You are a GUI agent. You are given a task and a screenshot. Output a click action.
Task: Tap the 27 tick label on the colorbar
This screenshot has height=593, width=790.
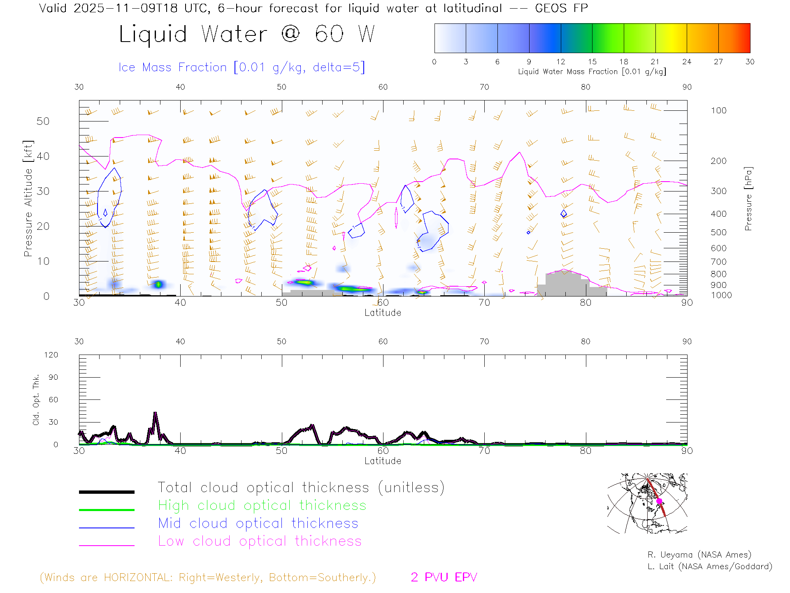718,62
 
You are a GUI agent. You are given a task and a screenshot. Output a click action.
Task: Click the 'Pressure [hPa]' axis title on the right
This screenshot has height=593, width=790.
748,198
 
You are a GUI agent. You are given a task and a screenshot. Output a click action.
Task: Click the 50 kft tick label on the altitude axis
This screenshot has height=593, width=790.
43,121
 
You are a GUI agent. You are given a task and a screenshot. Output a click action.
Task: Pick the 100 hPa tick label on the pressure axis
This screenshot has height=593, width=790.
718,110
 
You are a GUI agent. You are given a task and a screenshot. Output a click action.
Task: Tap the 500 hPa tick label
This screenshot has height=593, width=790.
718,232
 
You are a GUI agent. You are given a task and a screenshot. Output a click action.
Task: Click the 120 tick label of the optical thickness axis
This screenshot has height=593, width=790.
51,355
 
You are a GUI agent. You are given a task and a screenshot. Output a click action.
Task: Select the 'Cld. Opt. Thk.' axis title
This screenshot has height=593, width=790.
36,399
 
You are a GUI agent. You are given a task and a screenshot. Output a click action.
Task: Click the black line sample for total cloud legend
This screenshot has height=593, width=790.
107,492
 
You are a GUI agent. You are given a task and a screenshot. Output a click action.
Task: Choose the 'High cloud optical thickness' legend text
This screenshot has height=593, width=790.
262,505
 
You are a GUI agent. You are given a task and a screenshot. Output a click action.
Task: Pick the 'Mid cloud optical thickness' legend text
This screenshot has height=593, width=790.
258,523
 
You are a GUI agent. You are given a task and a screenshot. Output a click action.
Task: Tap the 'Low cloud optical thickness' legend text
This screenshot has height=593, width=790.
260,541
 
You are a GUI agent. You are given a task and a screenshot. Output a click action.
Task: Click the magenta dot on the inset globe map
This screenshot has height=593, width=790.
659,501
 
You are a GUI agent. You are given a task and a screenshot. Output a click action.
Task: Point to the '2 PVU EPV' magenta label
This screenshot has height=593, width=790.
444,577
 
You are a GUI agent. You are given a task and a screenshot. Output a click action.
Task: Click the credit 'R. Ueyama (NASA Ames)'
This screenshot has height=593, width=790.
699,555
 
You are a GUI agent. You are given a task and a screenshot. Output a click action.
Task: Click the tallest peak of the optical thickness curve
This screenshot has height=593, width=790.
155,413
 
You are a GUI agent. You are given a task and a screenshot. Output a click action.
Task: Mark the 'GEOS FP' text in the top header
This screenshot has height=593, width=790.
561,8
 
